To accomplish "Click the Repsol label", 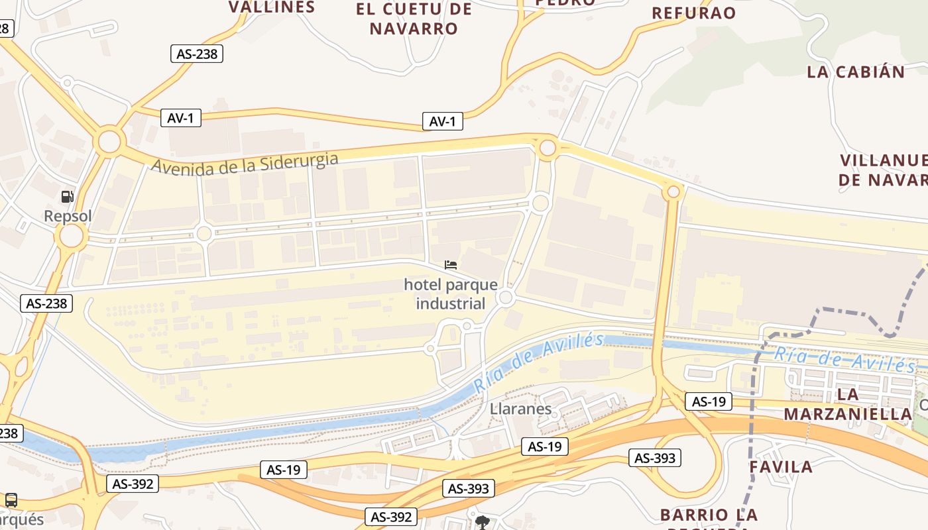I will (68, 216).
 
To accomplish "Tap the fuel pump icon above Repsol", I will (67, 196).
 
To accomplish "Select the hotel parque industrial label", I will (451, 294).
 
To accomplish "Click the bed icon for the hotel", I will (451, 265).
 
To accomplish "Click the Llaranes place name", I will (520, 408).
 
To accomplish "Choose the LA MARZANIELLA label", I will (848, 404).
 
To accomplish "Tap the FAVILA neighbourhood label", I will (781, 467).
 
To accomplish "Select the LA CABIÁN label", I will (856, 72).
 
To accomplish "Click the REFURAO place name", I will (694, 13).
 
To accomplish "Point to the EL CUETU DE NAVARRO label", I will (414, 19).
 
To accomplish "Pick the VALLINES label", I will (272, 7).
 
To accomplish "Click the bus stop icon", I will (11, 500).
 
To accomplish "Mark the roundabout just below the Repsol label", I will (72, 235).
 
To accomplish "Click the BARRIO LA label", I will (709, 515).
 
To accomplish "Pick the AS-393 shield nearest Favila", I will (656, 458).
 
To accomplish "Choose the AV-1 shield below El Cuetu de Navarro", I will (442, 122).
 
